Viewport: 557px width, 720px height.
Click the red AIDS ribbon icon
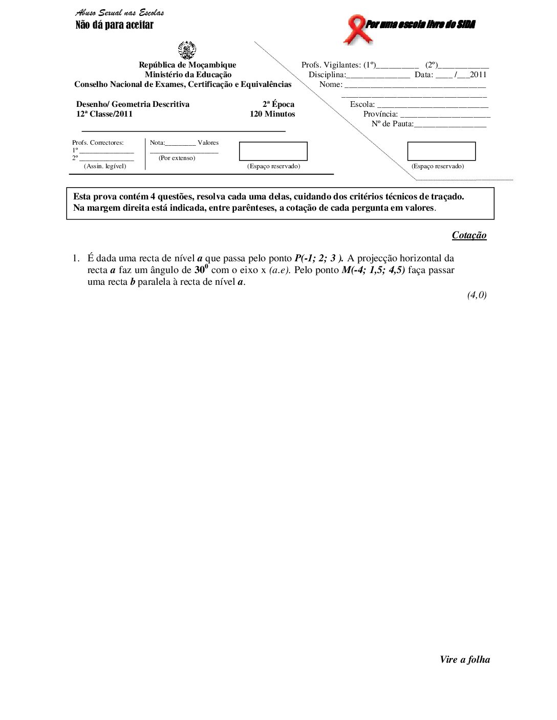[357, 29]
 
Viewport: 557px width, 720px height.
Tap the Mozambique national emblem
[187, 50]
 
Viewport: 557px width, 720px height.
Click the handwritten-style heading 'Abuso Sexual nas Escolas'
[120, 13]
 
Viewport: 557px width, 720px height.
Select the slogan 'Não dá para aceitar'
[114, 25]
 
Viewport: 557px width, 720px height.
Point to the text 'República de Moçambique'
[187, 65]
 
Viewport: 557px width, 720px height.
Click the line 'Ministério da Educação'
[188, 75]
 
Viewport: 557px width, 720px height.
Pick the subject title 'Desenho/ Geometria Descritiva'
[133, 104]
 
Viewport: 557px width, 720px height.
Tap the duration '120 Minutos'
[272, 114]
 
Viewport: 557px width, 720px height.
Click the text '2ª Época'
[278, 104]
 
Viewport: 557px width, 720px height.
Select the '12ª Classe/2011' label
[104, 114]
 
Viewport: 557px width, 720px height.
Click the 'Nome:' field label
[331, 84]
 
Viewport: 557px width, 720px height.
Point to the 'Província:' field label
[380, 114]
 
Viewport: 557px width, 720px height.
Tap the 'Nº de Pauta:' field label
[392, 124]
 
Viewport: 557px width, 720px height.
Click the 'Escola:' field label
[362, 104]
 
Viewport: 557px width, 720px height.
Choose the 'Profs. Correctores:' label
[98, 143]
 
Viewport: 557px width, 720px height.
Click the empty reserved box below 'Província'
[441, 151]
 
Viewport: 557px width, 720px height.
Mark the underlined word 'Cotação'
[469, 235]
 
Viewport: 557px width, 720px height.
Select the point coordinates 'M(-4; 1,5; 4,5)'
[373, 270]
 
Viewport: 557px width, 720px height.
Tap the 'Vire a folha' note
[464, 660]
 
